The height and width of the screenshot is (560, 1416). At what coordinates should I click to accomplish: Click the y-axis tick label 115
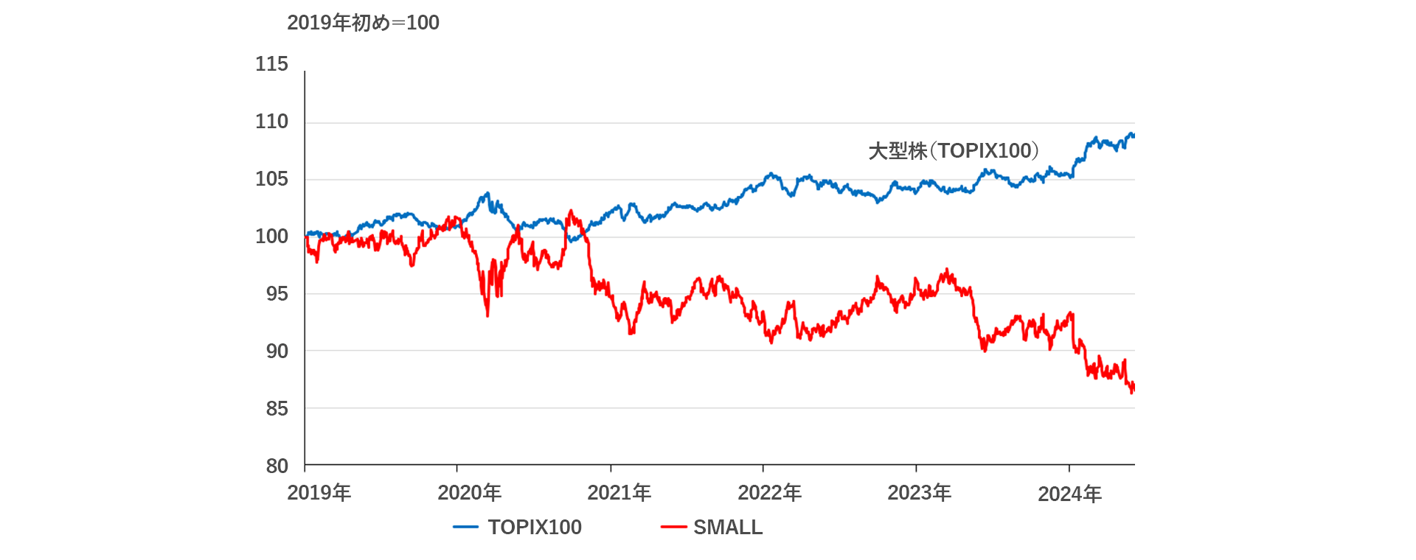click(271, 64)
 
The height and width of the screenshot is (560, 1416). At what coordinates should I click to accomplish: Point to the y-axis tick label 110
click(271, 122)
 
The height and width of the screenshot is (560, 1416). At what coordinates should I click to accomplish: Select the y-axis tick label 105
click(271, 179)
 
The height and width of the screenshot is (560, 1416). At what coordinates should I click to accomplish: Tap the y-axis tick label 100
click(271, 237)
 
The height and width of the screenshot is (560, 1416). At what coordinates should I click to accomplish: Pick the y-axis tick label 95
click(277, 294)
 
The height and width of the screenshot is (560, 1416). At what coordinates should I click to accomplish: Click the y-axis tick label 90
click(277, 351)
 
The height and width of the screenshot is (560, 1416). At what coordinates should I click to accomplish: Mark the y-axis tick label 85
click(277, 408)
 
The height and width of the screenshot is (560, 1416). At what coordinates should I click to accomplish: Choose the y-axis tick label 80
click(277, 466)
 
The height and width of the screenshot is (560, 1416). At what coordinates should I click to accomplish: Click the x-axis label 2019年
click(319, 493)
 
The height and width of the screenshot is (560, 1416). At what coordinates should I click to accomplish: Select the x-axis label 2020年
click(469, 493)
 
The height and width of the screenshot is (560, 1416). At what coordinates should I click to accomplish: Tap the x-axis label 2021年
click(619, 493)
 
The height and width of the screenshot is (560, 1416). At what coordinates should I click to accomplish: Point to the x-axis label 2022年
click(769, 493)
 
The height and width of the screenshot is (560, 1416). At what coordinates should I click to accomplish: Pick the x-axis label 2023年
click(919, 493)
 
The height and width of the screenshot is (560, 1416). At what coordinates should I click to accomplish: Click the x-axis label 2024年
click(1069, 494)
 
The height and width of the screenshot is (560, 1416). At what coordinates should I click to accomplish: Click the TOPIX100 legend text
click(535, 528)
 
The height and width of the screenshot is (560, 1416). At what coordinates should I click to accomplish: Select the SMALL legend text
click(728, 528)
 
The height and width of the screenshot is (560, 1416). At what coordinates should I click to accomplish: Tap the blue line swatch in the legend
click(465, 528)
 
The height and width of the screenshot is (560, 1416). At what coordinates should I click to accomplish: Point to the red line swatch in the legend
click(673, 528)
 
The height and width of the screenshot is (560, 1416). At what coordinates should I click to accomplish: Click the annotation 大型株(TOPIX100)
click(954, 151)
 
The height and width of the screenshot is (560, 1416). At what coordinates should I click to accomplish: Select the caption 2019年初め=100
click(363, 23)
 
